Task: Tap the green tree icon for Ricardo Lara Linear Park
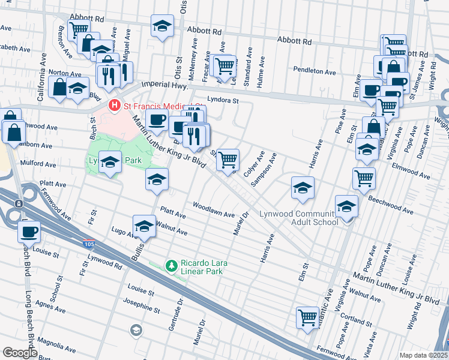pos(172,265)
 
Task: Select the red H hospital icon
pos(114,106)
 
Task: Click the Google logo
pos(20,353)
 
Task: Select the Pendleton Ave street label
pos(316,71)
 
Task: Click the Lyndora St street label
pos(223,100)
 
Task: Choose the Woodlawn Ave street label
pos(213,209)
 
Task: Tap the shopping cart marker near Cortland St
pos(308,317)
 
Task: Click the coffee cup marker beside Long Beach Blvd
pos(28,230)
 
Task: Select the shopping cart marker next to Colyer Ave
pos(228,160)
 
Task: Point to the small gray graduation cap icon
pos(136,329)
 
